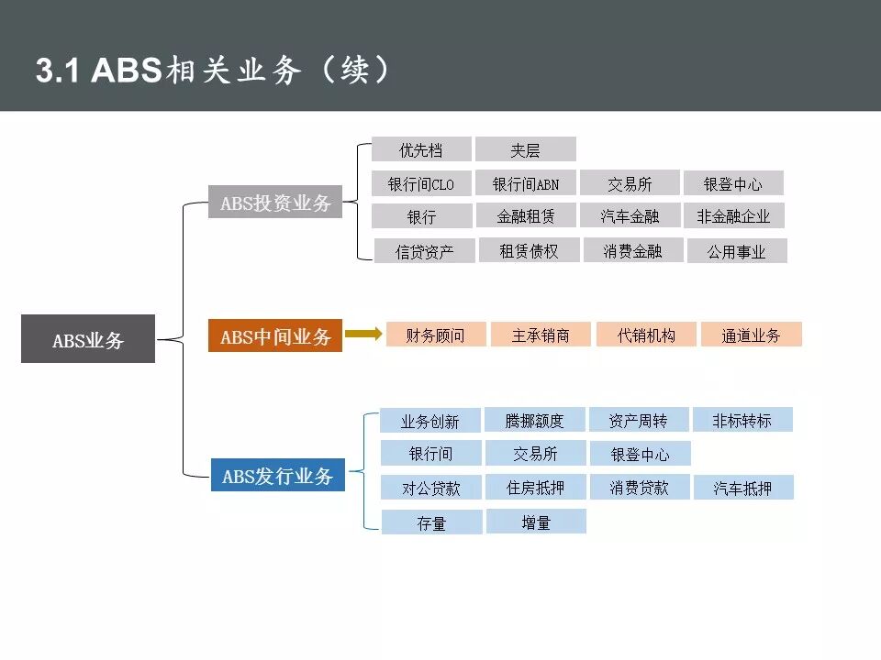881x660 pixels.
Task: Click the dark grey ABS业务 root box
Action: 88,339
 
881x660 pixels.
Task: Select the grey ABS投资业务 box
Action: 275,203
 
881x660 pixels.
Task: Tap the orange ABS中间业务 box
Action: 275,336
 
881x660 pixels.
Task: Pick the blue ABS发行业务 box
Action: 278,476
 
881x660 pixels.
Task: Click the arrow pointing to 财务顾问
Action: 363,335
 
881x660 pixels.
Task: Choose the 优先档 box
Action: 421,149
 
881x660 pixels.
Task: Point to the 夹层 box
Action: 526,149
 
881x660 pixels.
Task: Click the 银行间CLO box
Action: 421,184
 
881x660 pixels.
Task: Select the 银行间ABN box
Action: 526,184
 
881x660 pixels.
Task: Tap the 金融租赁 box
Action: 526,216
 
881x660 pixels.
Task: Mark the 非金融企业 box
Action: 733,216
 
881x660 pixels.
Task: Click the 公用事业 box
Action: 736,251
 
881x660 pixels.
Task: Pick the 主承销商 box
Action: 541,335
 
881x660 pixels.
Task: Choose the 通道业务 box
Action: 751,335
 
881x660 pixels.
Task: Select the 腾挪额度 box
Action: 534,420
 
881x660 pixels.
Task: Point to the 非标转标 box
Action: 742,420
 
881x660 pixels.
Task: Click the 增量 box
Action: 536,522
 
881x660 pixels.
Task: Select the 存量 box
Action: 431,522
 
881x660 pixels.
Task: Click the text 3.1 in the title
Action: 59,70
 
